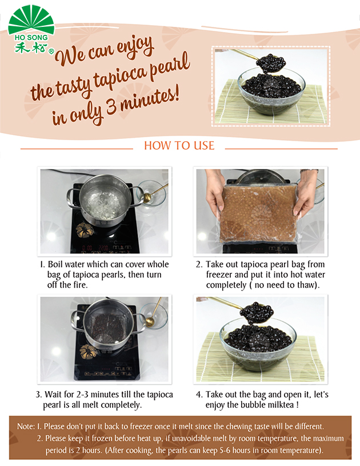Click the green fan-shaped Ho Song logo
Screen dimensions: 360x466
click(x=31, y=21)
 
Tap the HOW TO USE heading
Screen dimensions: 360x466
click(x=179, y=146)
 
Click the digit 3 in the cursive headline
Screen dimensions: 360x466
click(x=111, y=107)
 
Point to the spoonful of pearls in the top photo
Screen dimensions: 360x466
click(x=271, y=63)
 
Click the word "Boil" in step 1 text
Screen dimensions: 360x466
click(x=54, y=264)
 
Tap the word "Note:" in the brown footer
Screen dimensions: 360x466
click(x=26, y=427)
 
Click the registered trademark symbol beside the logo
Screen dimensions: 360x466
click(x=51, y=51)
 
